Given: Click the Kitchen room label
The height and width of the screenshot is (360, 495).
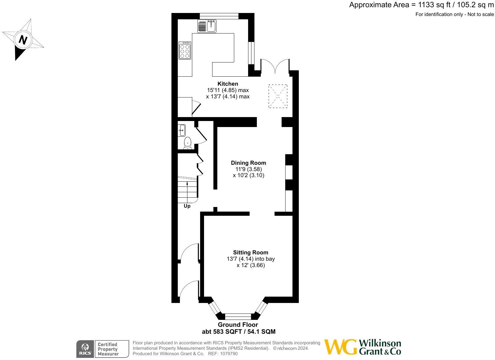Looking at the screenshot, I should click(228, 84).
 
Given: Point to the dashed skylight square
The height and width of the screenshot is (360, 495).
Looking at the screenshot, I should click(278, 96).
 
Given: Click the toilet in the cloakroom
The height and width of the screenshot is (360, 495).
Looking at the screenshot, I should click(188, 142).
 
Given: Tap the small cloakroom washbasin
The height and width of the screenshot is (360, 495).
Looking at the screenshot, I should click(182, 130).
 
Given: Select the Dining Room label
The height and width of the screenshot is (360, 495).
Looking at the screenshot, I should click(248, 163).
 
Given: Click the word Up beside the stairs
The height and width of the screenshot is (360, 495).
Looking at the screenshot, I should click(187, 206).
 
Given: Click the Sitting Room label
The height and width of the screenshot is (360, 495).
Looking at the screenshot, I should click(251, 252).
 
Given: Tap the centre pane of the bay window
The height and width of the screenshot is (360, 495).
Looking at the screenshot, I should click(238, 317).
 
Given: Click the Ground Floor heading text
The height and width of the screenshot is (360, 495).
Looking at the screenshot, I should click(238, 325).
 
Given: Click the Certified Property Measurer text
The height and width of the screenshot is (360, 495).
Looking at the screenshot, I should click(107, 349).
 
